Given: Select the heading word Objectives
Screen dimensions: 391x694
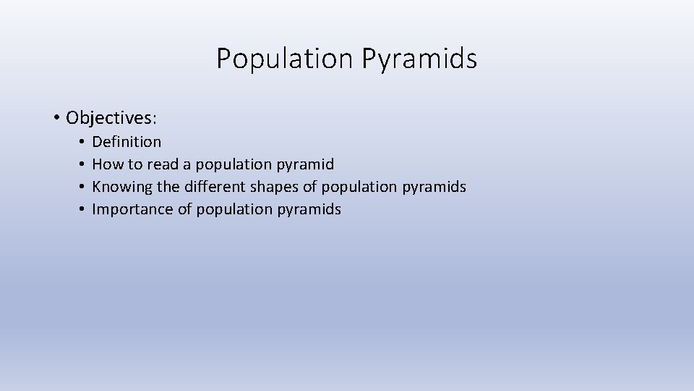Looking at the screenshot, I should pos(111,117).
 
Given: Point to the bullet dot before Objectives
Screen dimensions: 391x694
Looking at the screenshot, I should pos(56,117).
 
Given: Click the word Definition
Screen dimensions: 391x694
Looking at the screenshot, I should pos(127,142).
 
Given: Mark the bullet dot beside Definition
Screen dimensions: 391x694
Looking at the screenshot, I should pos(83,142).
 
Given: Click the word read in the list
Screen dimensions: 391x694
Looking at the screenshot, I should pos(163,164).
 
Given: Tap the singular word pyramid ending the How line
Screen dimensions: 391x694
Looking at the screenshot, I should pos(306,164).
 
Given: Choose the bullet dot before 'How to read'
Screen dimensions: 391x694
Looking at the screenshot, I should pos(83,164).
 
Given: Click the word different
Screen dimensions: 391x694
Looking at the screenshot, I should pos(215,187).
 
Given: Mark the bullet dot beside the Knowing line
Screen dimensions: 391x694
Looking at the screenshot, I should pos(83,187).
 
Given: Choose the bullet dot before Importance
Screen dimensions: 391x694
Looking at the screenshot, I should pos(83,209).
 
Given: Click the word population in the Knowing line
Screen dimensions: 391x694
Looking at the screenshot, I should pos(359,187).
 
